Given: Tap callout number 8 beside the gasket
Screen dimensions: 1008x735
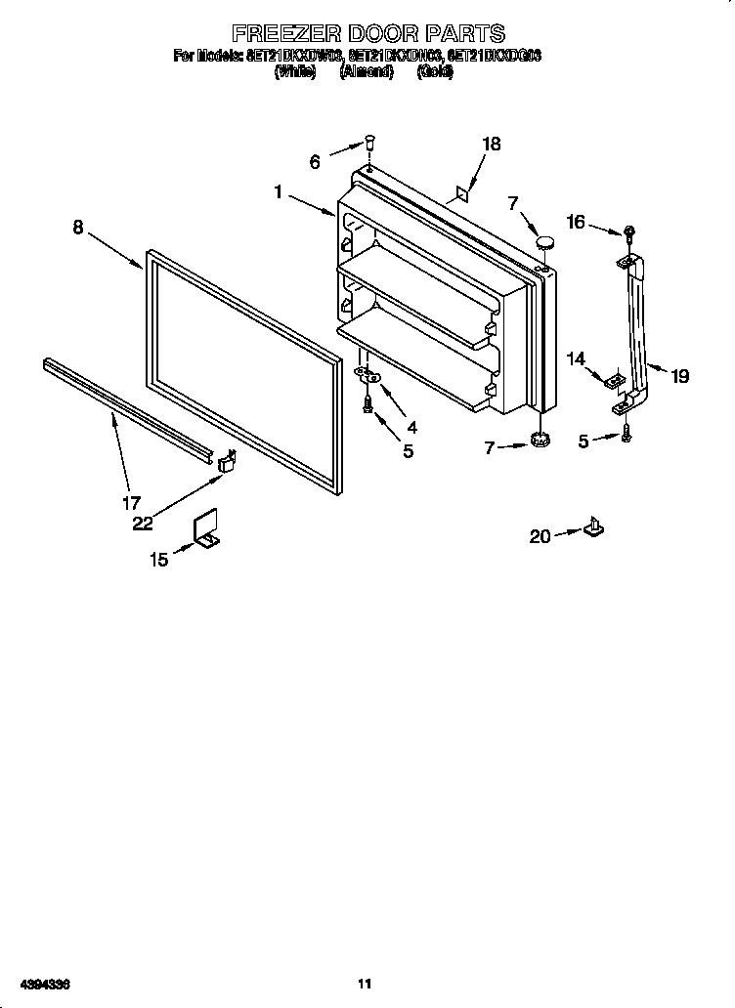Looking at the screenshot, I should [77, 228].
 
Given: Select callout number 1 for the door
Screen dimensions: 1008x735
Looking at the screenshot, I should [279, 192].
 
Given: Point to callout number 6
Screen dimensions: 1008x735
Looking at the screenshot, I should [315, 162].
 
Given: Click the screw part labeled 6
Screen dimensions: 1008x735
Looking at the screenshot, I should [370, 143].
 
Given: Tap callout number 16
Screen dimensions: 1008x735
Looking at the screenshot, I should [577, 223].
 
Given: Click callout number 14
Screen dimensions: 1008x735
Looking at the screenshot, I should [576, 359].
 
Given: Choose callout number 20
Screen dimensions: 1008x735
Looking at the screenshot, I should [540, 535].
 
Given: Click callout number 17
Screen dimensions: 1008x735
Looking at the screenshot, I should [131, 504].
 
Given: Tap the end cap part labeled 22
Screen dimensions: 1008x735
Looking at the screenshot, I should [228, 460].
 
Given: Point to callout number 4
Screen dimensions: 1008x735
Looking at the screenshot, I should [411, 427].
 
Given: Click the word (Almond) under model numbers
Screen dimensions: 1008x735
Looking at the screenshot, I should [366, 71].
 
